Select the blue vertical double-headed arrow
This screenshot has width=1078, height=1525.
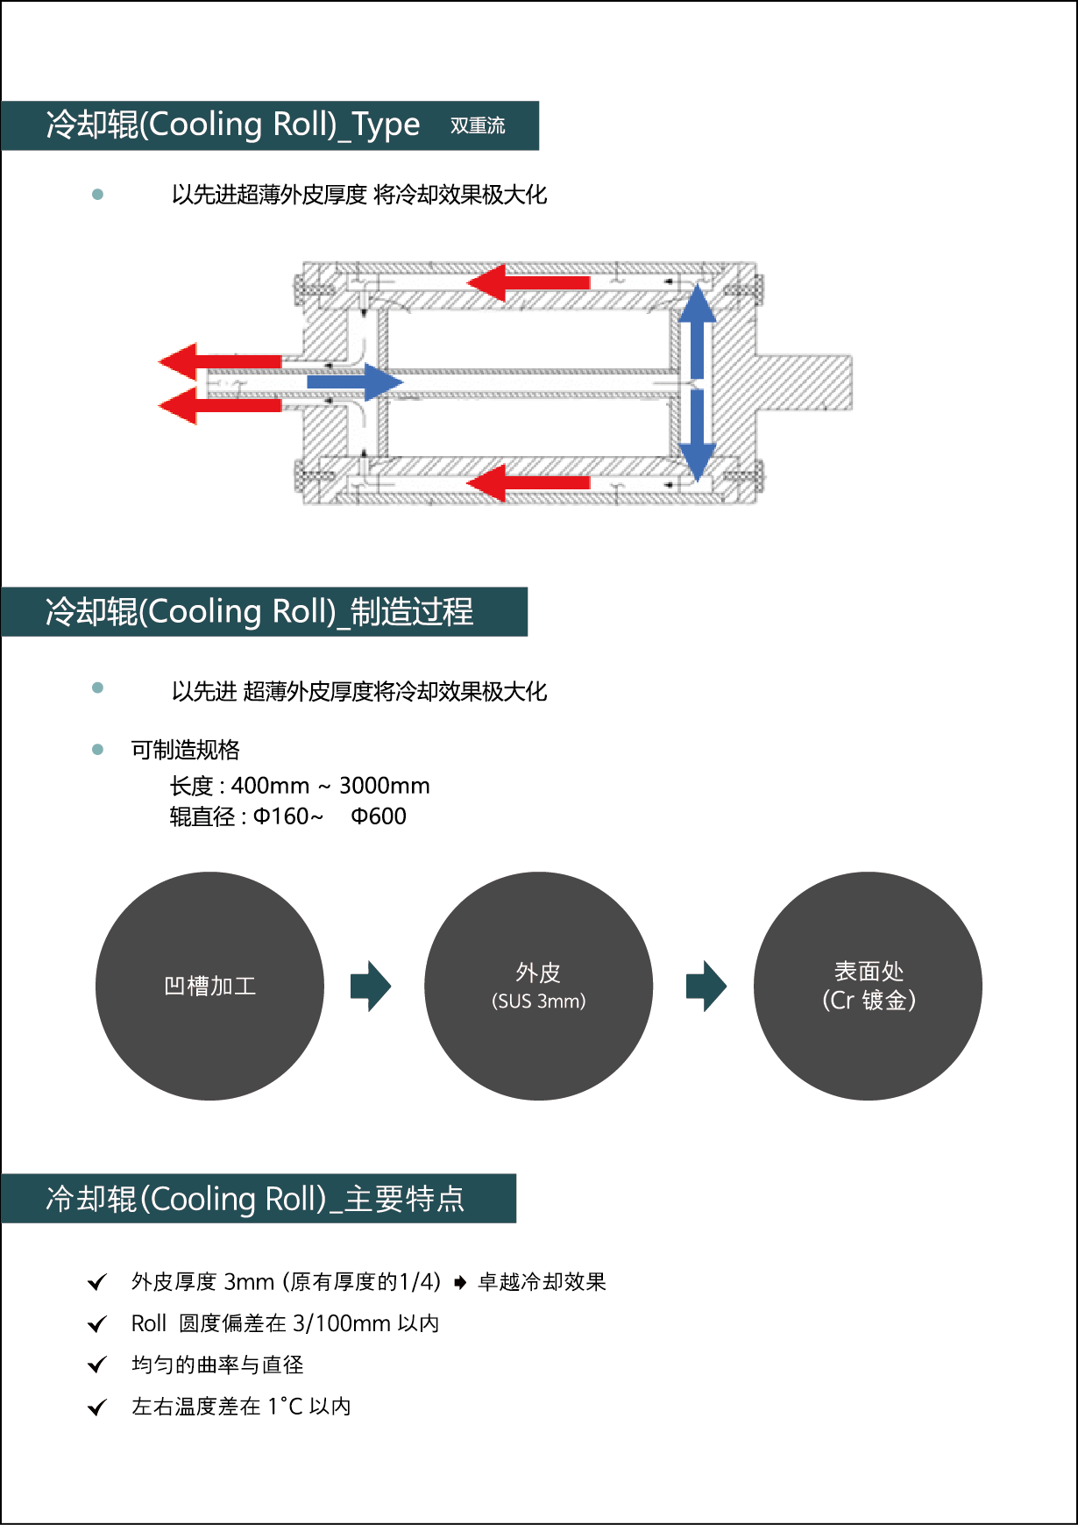click(x=698, y=382)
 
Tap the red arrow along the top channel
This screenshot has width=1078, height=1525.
click(x=528, y=282)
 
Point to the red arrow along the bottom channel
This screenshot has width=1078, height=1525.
click(x=528, y=483)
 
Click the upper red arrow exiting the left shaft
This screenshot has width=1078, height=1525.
click(x=219, y=361)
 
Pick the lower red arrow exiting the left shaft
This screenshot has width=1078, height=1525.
click(x=219, y=406)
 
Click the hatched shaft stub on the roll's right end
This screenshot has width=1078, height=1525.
click(x=805, y=382)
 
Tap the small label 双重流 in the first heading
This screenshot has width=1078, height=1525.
click(x=478, y=125)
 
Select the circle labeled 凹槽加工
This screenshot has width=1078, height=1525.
click(x=209, y=986)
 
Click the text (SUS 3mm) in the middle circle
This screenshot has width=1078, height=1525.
click(x=538, y=1001)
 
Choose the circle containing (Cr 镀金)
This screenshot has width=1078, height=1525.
click(x=868, y=986)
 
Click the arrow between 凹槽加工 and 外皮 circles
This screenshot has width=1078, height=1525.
click(x=370, y=986)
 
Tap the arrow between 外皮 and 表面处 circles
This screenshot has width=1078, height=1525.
click(x=706, y=986)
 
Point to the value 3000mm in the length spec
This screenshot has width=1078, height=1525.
click(x=384, y=786)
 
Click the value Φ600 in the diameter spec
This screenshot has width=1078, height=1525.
click(x=379, y=816)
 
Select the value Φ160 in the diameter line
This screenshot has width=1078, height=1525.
click(x=281, y=816)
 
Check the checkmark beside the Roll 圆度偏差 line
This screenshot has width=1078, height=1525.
click(x=97, y=1324)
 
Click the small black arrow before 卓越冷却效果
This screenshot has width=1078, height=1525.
click(x=460, y=1283)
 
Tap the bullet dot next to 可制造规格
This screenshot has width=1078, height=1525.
click(x=97, y=750)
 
